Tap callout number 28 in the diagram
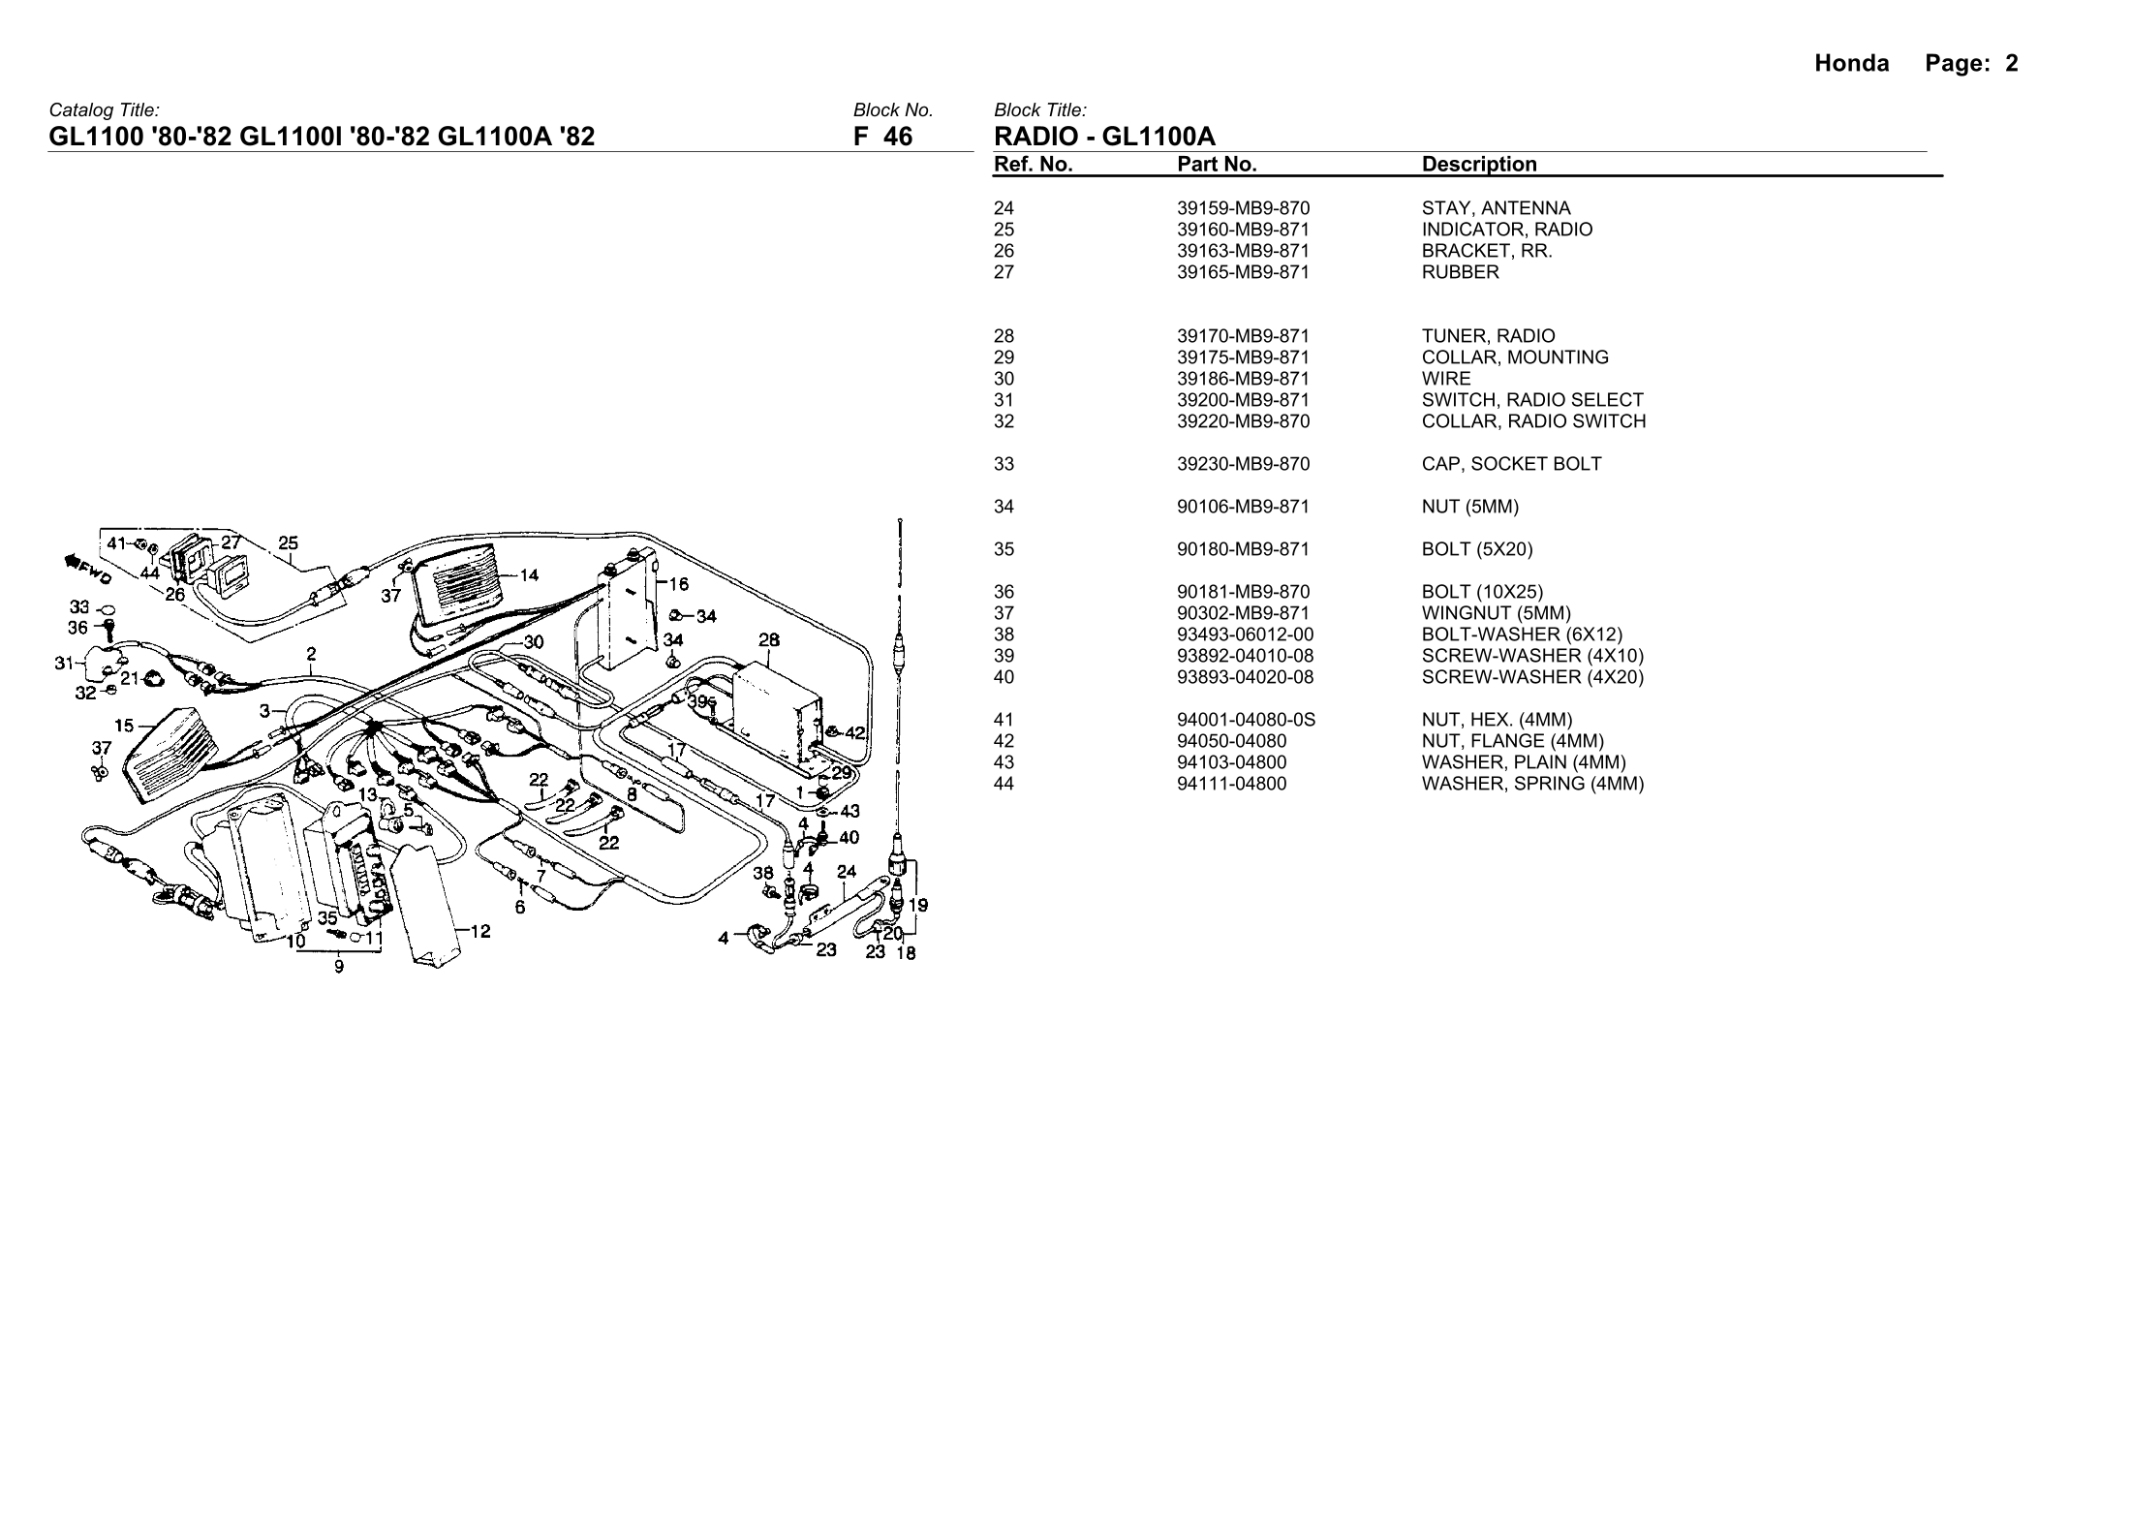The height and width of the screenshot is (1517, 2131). click(x=769, y=639)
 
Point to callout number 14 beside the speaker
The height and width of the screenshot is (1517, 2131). click(x=529, y=575)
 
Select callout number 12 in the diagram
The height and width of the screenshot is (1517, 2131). click(x=480, y=931)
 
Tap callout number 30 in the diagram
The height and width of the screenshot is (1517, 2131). click(x=534, y=641)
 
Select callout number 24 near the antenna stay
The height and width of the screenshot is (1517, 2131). click(x=847, y=871)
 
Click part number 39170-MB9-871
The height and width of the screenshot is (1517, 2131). click(x=1243, y=336)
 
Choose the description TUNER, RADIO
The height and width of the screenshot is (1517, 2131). click(x=1488, y=336)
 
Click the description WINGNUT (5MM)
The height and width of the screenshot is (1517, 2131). click(x=1496, y=613)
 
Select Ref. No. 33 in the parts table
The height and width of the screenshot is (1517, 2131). click(x=1004, y=464)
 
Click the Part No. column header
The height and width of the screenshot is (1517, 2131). click(x=1217, y=165)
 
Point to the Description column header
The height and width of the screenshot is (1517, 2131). click(x=1478, y=165)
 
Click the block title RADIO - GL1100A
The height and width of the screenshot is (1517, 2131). click(x=1104, y=137)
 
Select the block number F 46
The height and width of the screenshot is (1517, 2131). click(x=882, y=137)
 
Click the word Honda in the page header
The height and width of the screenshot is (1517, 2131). click(x=1851, y=64)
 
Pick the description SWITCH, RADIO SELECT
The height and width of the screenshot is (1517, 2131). click(x=1532, y=400)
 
